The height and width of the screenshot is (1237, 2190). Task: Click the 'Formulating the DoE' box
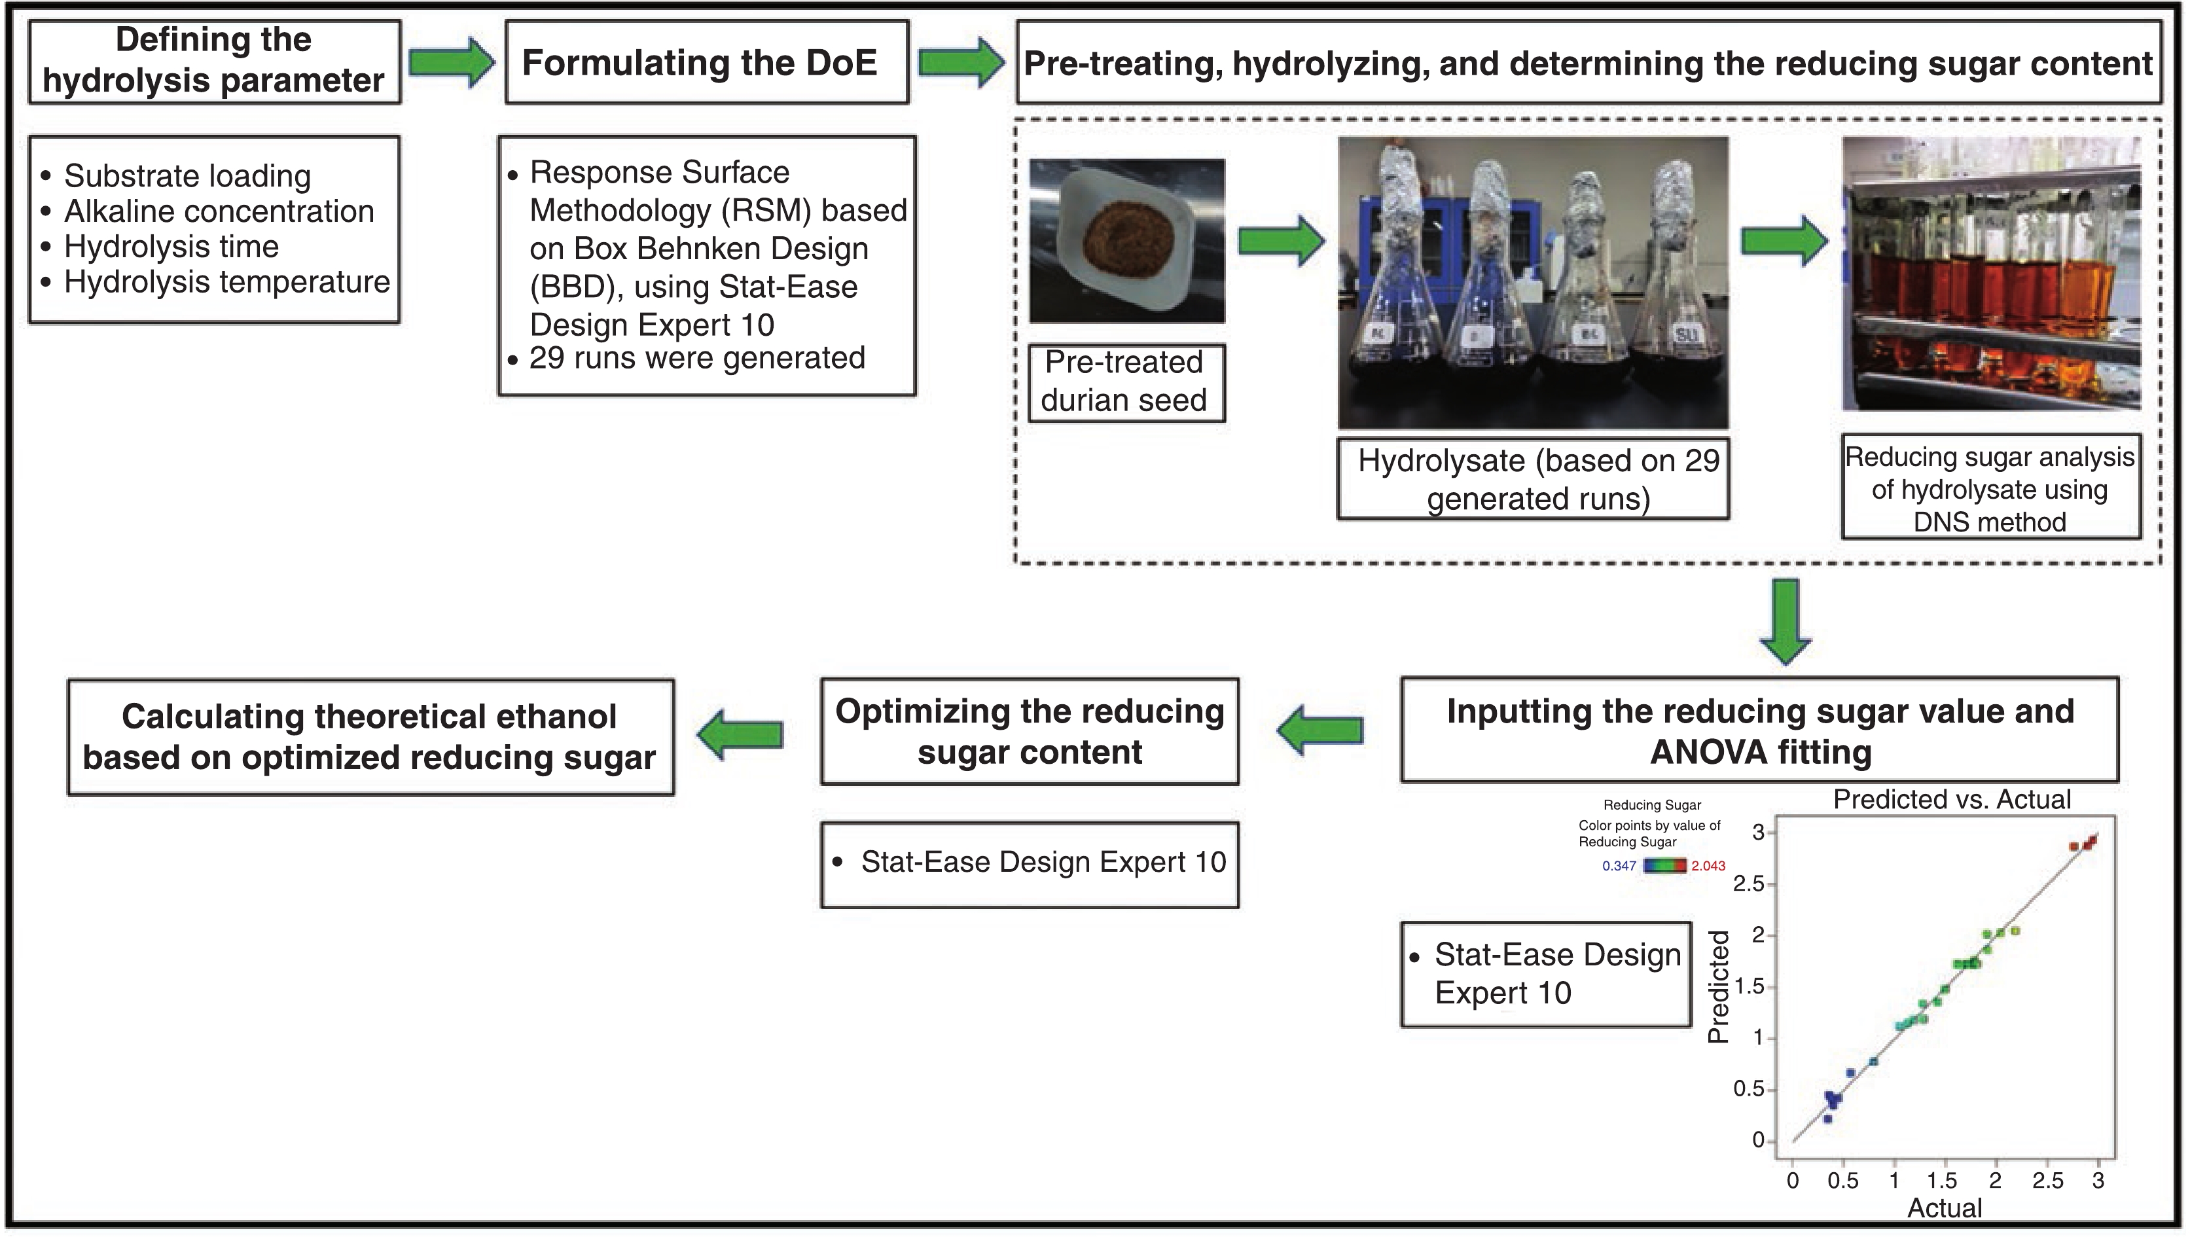pos(706,63)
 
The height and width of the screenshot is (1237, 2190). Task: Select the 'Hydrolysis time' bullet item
pos(171,247)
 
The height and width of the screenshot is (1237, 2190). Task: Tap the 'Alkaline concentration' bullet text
pos(219,211)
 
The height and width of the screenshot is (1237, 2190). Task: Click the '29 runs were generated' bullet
pos(696,358)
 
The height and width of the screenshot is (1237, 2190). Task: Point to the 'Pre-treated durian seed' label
pos(1126,382)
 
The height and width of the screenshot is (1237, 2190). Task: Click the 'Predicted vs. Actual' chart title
pos(1951,799)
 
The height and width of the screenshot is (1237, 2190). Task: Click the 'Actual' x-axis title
pos(1945,1208)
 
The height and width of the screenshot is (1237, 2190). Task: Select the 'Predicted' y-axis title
pos(1719,986)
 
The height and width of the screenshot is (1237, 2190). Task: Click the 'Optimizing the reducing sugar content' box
pos(1030,731)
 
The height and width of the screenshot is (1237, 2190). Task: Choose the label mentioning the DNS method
pos(1990,489)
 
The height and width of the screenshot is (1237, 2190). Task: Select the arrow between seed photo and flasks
pos(1280,242)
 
